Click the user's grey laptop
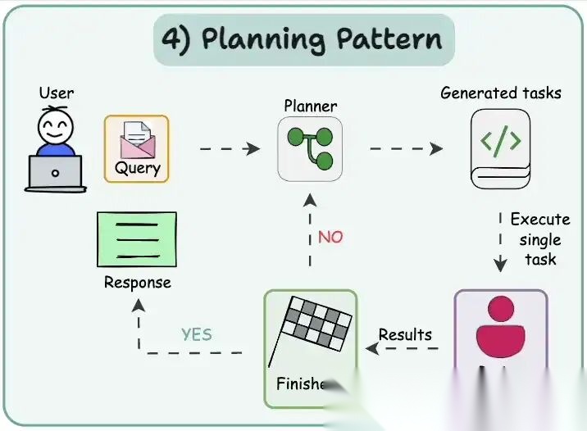[55, 173]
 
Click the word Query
[136, 169]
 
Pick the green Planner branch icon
[310, 147]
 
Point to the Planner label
[310, 106]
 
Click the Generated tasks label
[500, 93]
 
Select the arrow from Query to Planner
[230, 148]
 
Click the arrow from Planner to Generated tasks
[406, 148]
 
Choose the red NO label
[330, 237]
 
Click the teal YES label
[196, 333]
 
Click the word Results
[405, 334]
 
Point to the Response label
[137, 283]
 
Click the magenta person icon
[500, 328]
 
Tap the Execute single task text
[539, 239]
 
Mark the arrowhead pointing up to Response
[139, 306]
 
